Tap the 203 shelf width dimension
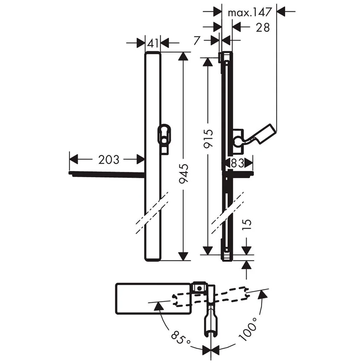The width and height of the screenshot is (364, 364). [109, 159]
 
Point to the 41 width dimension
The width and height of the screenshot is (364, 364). [153, 43]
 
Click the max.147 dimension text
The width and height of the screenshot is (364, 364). [250, 12]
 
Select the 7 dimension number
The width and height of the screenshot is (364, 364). [197, 40]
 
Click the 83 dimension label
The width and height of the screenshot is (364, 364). [237, 163]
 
